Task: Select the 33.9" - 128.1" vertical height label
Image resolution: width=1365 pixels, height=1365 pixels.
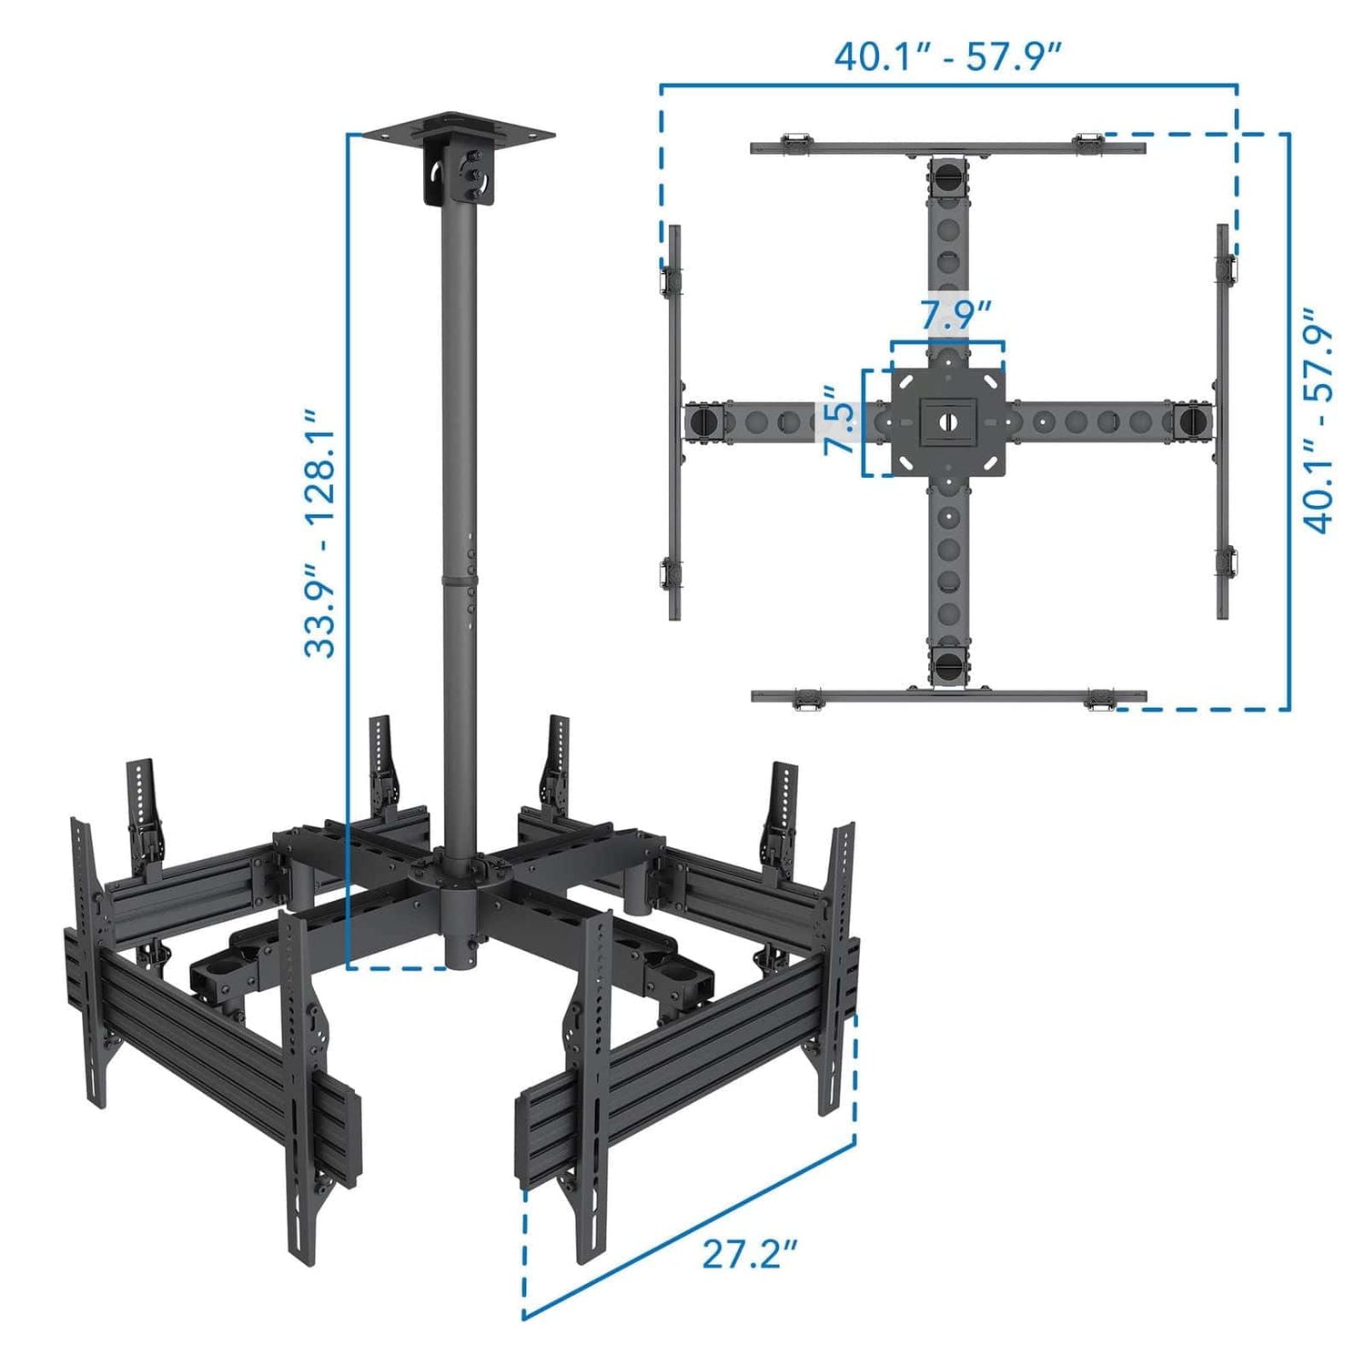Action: [320, 532]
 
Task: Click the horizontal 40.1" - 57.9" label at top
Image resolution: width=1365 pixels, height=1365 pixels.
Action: [948, 56]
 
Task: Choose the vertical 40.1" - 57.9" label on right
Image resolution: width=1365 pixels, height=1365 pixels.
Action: [1318, 420]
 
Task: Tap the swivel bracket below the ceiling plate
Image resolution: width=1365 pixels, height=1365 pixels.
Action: [459, 176]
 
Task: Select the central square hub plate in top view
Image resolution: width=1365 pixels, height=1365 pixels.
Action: [947, 421]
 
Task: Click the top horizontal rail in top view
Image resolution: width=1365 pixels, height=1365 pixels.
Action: [947, 147]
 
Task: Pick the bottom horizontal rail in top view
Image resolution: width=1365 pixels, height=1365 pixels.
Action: [947, 696]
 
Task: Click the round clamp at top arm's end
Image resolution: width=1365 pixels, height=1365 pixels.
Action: [947, 175]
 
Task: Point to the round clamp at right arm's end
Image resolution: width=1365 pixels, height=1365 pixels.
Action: [1192, 421]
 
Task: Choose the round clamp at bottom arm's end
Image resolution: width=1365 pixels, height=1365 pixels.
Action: [947, 666]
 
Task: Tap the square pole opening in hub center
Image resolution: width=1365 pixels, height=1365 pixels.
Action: [947, 421]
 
